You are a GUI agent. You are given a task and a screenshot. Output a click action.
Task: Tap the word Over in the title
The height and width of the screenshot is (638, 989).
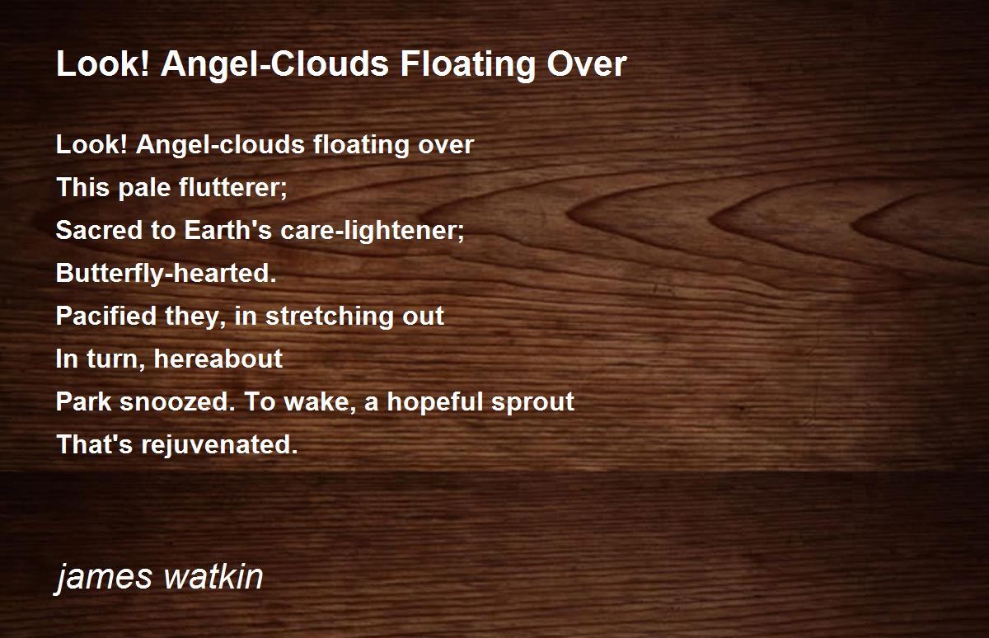587,64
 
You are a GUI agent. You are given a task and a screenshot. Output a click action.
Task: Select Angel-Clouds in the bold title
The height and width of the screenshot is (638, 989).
274,64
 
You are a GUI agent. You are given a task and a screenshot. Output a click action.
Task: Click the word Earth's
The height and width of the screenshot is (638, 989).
227,230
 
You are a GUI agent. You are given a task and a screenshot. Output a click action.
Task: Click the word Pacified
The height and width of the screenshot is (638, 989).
106,317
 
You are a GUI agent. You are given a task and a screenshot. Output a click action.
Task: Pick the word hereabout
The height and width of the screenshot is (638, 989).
218,359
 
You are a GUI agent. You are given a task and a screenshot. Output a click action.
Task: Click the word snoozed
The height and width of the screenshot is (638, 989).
177,401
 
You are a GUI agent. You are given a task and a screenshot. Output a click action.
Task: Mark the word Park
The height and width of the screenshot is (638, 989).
84,401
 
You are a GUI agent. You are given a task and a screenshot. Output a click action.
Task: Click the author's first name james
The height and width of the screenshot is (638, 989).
103,577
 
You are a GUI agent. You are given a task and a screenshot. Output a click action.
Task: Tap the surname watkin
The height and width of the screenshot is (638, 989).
213,576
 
